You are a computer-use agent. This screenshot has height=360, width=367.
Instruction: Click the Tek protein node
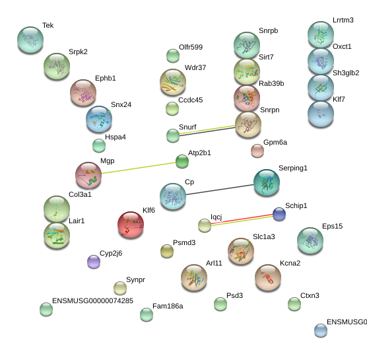(30, 40)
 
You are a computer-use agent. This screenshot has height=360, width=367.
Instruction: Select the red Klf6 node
(131, 225)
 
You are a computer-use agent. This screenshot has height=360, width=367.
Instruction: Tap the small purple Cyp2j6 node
(94, 262)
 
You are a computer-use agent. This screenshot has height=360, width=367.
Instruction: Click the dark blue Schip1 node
(279, 214)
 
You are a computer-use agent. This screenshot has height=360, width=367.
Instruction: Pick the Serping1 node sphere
(267, 182)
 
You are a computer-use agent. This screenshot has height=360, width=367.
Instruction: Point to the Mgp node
(88, 175)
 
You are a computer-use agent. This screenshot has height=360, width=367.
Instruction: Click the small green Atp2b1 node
(182, 161)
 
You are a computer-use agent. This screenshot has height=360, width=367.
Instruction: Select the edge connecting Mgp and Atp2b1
(139, 168)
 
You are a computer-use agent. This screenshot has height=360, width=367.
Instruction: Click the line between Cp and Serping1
(220, 190)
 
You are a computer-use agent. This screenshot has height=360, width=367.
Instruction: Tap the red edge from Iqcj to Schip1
(242, 219)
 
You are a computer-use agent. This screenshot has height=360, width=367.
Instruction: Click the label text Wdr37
(195, 67)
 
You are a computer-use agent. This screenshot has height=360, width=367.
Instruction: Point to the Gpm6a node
(257, 151)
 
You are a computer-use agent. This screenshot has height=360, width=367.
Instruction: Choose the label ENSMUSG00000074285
(92, 301)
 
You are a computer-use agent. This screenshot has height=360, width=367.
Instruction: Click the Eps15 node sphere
(310, 240)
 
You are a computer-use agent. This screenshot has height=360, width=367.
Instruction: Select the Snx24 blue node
(99, 119)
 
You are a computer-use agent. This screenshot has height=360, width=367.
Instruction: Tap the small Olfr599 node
(173, 55)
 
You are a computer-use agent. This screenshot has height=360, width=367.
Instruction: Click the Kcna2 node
(268, 277)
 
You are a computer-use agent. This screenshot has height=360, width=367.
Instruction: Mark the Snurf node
(173, 135)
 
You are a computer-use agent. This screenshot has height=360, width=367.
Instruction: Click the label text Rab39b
(271, 83)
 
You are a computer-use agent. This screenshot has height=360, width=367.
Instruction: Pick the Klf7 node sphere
(321, 114)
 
